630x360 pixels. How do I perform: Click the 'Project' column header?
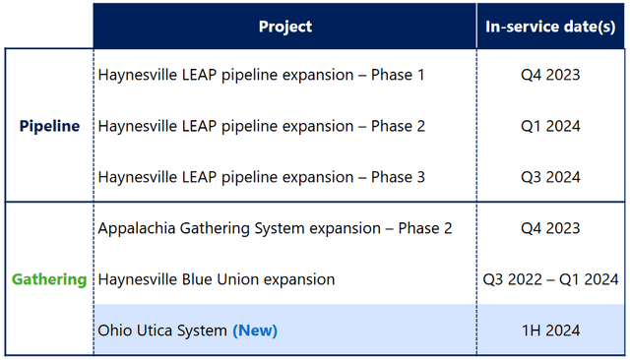click(285, 27)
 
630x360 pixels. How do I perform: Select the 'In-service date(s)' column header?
click(550, 27)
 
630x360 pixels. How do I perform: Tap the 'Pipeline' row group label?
click(49, 126)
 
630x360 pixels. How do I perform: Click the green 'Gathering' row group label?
click(49, 279)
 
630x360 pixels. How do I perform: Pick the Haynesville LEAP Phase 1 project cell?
click(261, 75)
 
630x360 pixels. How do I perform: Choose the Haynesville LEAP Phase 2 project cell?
click(261, 126)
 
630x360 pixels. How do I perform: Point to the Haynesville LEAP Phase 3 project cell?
click(261, 177)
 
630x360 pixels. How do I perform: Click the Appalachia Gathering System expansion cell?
click(275, 228)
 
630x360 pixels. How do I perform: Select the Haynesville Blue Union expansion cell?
click(217, 279)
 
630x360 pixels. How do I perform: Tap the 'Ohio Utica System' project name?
click(162, 330)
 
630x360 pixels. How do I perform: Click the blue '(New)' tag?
click(255, 330)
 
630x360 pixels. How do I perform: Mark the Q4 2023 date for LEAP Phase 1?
click(550, 75)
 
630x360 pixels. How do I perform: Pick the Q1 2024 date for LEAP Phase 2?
click(550, 126)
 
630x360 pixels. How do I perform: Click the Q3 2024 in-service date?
click(550, 177)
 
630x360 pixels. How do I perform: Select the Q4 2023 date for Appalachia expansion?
click(550, 228)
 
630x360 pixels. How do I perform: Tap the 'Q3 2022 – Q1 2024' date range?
click(550, 279)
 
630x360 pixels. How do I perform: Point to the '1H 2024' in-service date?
click(550, 330)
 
